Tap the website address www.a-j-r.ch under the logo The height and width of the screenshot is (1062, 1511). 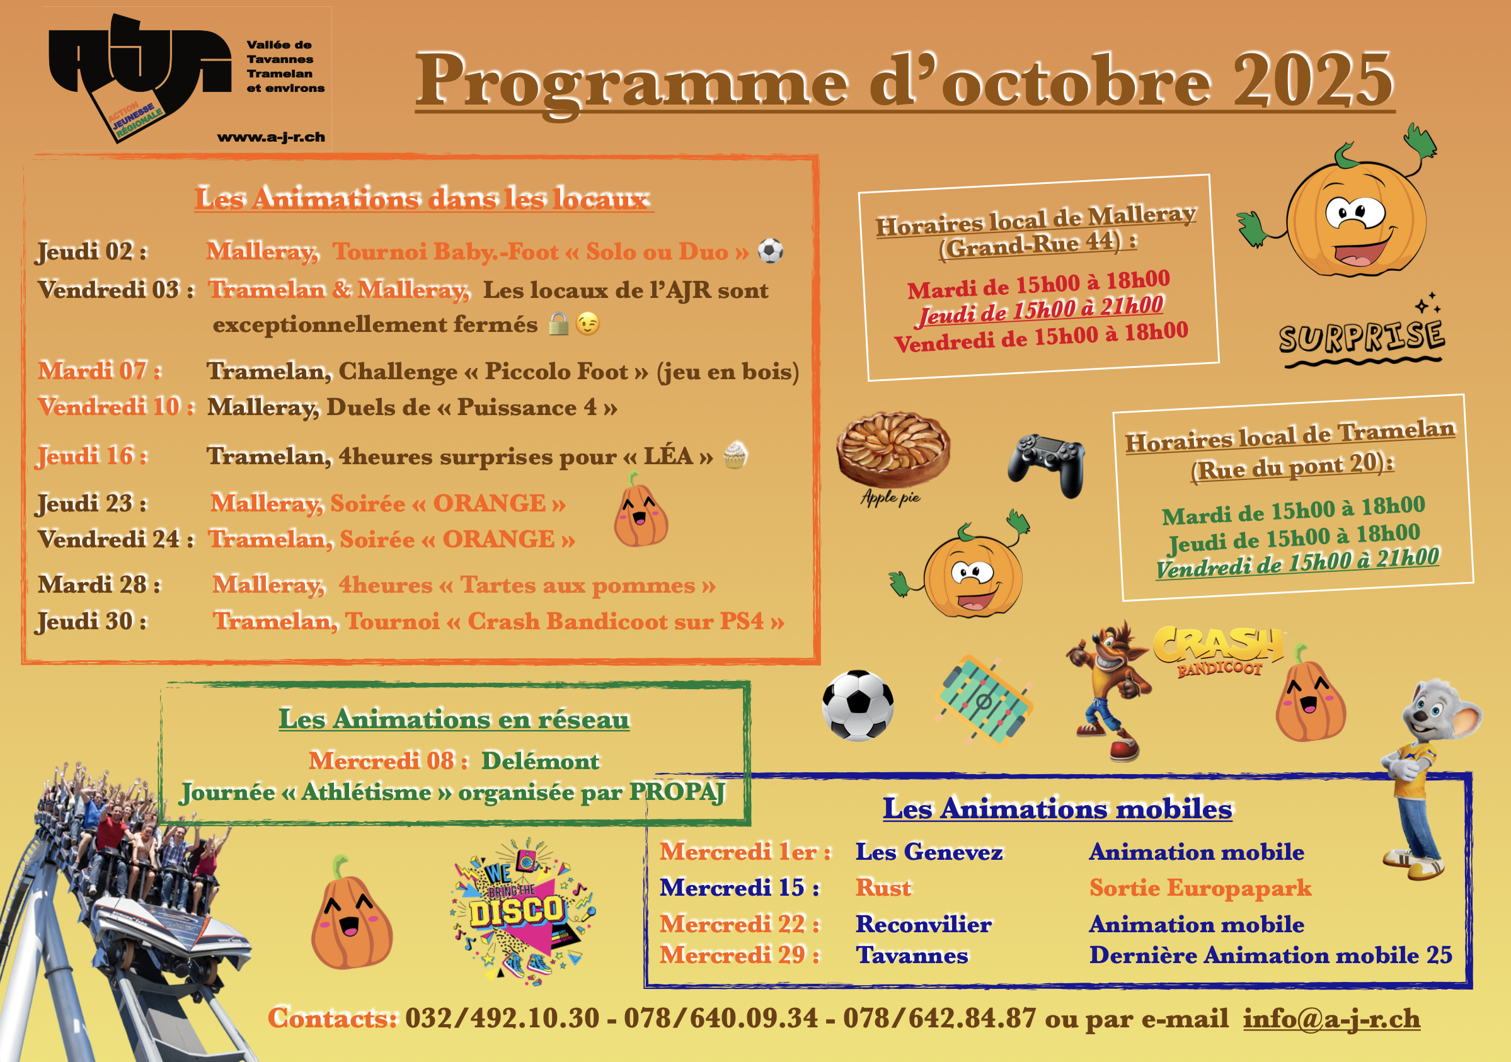coord(270,137)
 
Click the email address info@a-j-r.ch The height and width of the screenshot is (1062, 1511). coord(1331,1018)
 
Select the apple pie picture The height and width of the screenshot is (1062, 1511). coord(892,450)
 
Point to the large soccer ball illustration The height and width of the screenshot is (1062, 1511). coord(858,705)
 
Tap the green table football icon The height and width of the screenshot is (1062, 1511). coord(983,702)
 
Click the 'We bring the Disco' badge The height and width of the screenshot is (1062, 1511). coord(520,911)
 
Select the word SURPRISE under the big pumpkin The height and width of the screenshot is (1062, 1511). coord(1361,338)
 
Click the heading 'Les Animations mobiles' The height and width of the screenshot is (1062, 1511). coord(1057,808)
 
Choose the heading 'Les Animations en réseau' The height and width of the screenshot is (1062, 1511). coord(454,719)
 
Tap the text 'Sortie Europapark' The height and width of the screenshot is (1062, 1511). coord(1200,888)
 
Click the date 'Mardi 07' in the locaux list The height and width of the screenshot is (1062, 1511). coord(100,370)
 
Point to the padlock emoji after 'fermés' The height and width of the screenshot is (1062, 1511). coord(558,324)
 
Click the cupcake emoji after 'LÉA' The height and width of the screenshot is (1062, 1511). coord(735,455)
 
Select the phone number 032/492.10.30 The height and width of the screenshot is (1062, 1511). coord(502,1018)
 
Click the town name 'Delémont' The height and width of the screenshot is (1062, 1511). coord(540,761)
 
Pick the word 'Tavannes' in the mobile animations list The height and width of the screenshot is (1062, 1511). coord(912,955)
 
